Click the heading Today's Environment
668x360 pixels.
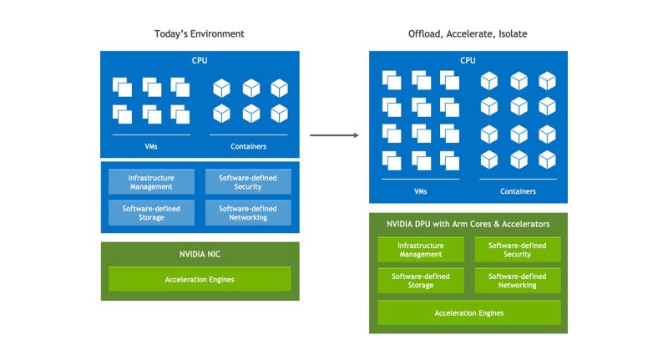tap(200, 33)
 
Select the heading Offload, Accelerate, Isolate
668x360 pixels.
tap(468, 33)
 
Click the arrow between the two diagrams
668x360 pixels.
tap(334, 135)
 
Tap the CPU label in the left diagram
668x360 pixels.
tap(200, 60)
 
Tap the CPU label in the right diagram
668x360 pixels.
tap(468, 60)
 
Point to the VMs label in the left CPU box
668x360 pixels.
tap(151, 146)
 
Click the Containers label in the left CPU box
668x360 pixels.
tap(248, 146)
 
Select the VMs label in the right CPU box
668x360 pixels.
tap(420, 191)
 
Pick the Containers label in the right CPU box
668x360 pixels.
tap(518, 191)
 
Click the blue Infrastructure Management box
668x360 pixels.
tap(151, 181)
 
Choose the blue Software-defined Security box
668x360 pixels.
tap(248, 181)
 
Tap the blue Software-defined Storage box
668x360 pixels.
tap(151, 212)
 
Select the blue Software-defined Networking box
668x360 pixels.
tap(248, 212)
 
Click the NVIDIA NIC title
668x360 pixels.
tap(200, 253)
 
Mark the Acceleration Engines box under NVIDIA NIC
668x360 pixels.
tap(200, 279)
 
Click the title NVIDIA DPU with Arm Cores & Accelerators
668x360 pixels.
tap(468, 224)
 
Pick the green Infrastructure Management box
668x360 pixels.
tap(420, 250)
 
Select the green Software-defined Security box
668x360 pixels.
tap(518, 250)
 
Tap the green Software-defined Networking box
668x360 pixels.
tap(518, 281)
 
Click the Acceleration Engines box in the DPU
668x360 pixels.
tap(468, 313)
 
